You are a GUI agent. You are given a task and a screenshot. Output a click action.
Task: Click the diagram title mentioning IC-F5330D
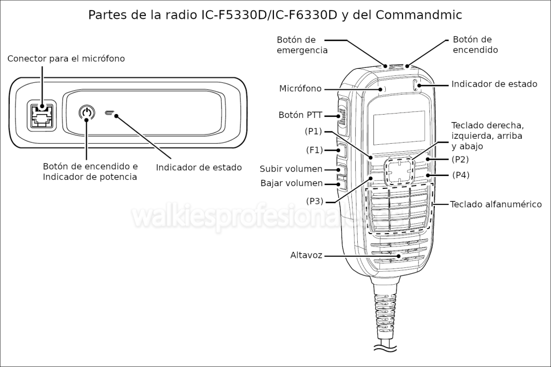[275, 15]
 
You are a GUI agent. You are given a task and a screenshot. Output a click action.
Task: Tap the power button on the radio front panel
[86, 114]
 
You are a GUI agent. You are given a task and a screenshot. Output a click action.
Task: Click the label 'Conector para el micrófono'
[66, 58]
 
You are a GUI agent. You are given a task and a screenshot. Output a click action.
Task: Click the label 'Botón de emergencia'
[302, 45]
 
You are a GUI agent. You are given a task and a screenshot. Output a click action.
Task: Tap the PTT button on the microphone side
[343, 116]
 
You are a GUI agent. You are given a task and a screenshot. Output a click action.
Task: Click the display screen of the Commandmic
[399, 127]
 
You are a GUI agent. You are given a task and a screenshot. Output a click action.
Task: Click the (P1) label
[313, 131]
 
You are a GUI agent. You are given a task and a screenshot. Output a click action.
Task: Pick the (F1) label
[314, 150]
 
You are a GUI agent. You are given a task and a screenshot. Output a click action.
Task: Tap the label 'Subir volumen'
[291, 169]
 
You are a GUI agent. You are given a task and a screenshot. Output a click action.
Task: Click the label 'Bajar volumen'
[291, 183]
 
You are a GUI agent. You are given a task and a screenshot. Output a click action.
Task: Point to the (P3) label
[315, 201]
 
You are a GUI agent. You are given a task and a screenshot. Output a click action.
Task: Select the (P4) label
[461, 175]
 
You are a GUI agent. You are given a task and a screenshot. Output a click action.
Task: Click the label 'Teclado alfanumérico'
[496, 204]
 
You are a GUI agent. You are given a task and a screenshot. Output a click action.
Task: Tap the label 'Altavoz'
[306, 255]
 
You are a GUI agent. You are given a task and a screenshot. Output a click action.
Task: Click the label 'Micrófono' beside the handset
[300, 88]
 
